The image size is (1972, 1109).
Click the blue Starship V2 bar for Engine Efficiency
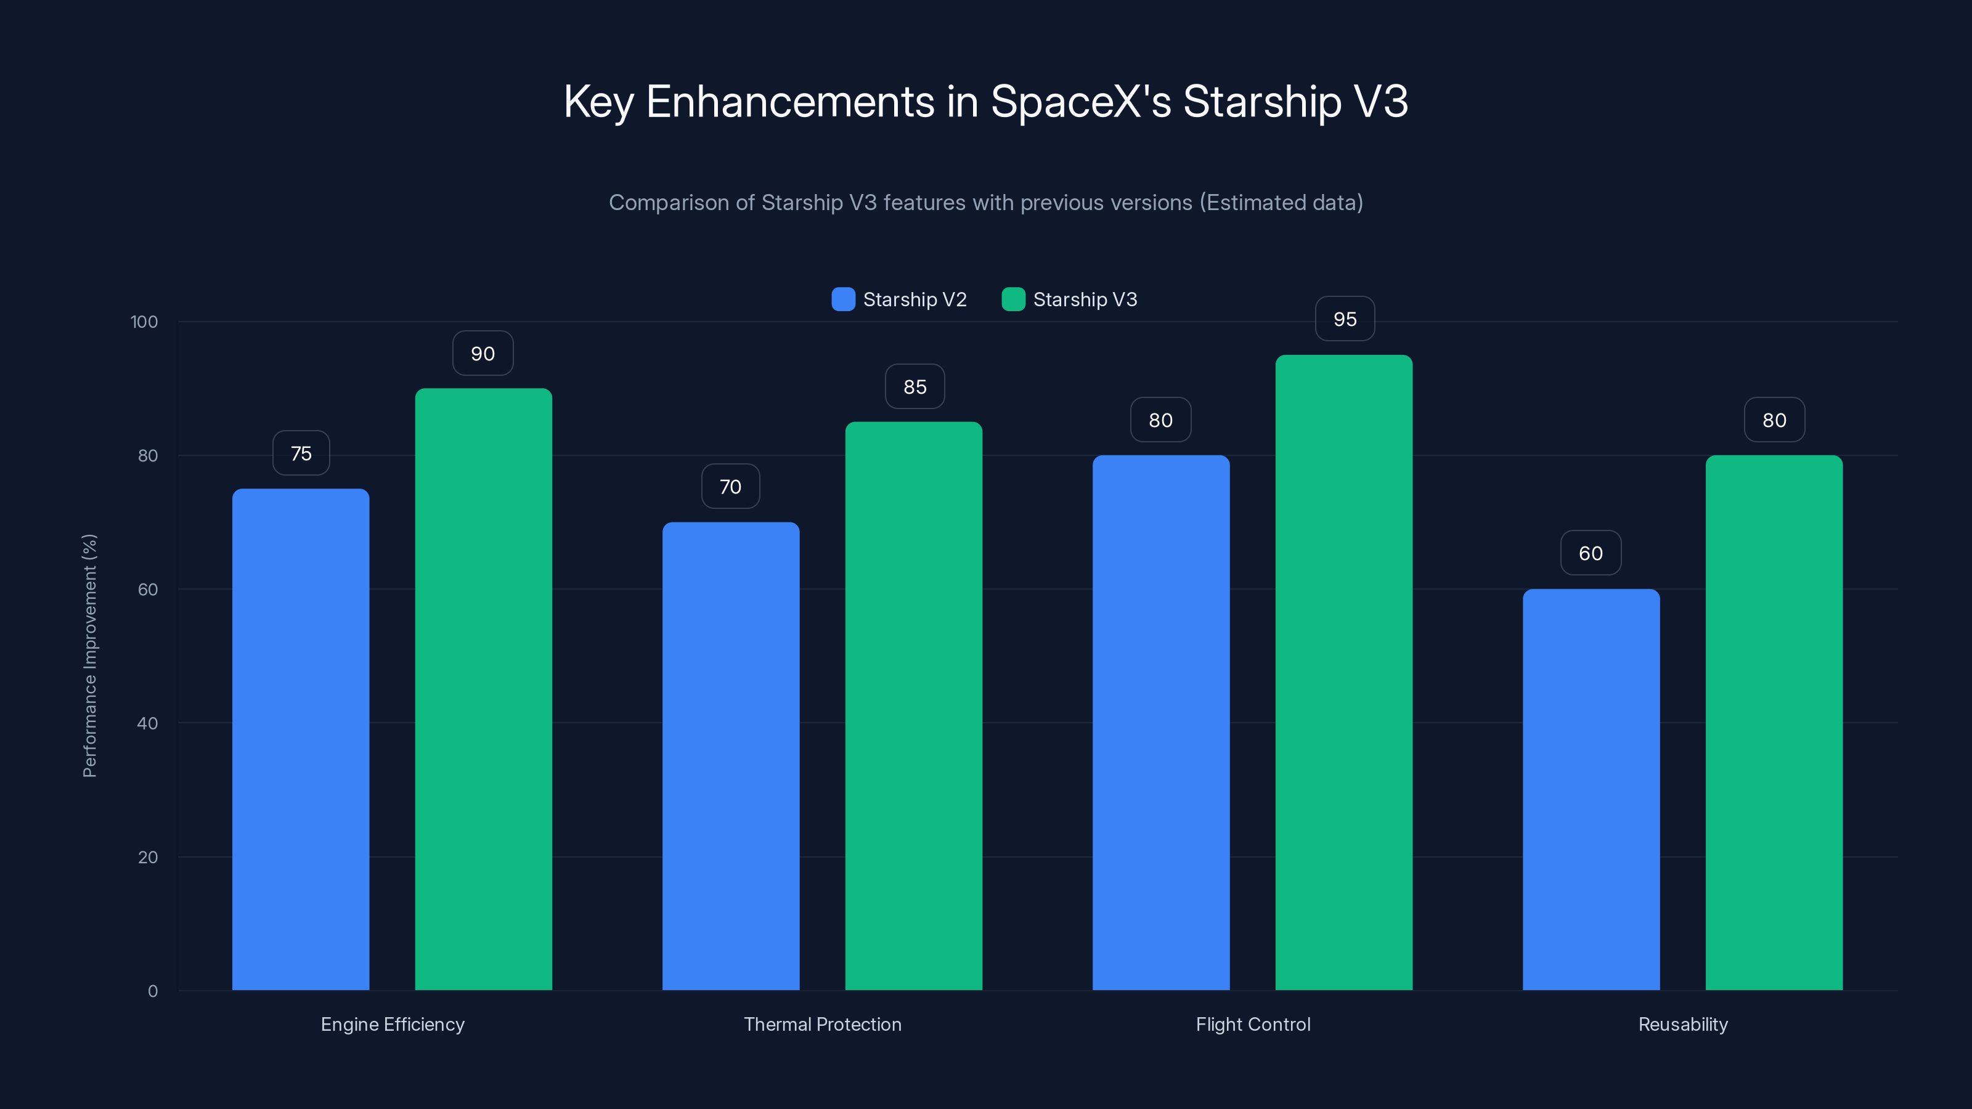point(301,739)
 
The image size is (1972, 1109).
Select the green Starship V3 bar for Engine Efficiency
point(483,689)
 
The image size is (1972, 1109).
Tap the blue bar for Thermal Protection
point(730,755)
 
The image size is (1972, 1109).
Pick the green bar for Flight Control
point(1343,672)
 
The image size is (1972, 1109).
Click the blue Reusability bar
point(1591,789)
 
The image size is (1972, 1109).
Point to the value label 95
point(1344,319)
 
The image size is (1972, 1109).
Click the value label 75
point(301,453)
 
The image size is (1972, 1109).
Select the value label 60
point(1591,553)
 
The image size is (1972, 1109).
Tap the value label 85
point(914,386)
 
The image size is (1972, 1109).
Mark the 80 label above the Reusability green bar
point(1774,420)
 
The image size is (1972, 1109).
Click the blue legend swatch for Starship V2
point(843,299)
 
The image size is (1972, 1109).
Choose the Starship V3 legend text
point(1085,299)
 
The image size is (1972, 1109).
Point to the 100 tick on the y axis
point(144,322)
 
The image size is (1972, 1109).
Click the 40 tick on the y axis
point(147,723)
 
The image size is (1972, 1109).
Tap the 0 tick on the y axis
point(152,991)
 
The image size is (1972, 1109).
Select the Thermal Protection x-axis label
point(822,1024)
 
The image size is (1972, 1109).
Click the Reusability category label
point(1682,1024)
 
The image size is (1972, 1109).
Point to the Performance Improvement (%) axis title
point(89,656)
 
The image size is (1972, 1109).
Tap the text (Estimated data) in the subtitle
point(1281,202)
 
